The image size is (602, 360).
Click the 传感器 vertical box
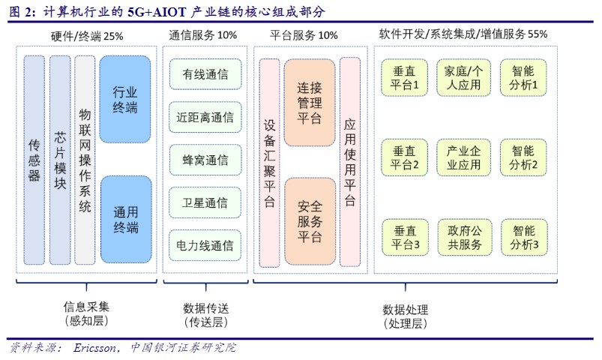pyautogui.click(x=34, y=159)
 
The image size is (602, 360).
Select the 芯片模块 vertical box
pyautogui.click(x=60, y=159)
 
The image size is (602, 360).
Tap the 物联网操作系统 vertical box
pyautogui.click(x=85, y=159)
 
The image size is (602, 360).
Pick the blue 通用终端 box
pyautogui.click(x=125, y=217)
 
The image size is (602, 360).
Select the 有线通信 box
pyautogui.click(x=205, y=75)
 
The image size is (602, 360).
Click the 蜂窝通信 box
pyautogui.click(x=205, y=160)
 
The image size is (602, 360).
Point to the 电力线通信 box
pyautogui.click(x=205, y=244)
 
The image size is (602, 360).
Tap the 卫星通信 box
pyautogui.click(x=205, y=202)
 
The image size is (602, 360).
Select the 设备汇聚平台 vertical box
pyautogui.click(x=269, y=161)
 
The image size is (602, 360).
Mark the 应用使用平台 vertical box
pyautogui.click(x=350, y=161)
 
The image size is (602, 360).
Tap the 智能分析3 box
pyautogui.click(x=525, y=236)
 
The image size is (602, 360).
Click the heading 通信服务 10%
pyautogui.click(x=203, y=34)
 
